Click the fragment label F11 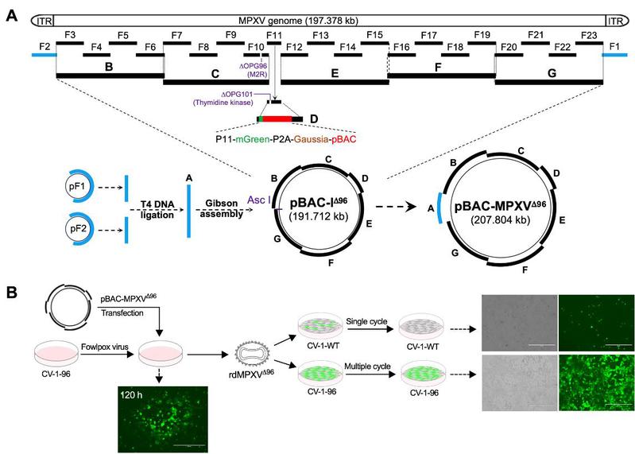(273, 36)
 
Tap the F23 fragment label (589, 36)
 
